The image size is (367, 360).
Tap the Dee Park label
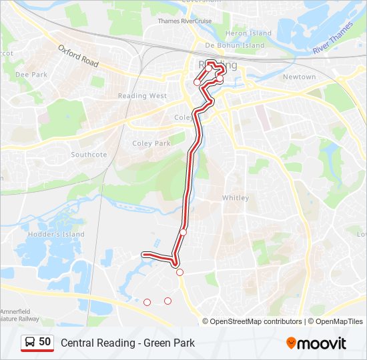(31, 75)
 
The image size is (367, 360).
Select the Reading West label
(142, 96)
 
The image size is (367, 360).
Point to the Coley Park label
(151, 143)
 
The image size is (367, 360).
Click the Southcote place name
(89, 155)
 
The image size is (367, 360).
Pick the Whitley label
(235, 198)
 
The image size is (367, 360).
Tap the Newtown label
(299, 77)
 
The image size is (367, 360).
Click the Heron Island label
(248, 33)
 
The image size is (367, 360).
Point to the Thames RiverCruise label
(184, 21)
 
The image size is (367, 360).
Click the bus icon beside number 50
(29, 342)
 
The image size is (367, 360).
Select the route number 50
(45, 342)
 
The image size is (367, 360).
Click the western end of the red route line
(143, 254)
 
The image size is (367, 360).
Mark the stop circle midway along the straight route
(183, 232)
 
